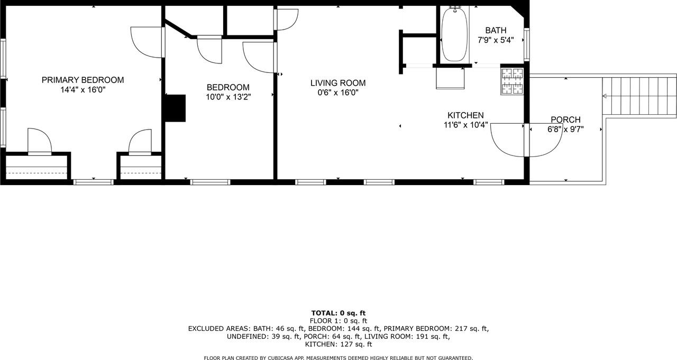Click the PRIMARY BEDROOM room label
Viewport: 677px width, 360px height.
(83, 80)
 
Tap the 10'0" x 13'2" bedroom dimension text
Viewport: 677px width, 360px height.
(227, 97)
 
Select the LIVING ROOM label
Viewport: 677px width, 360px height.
(337, 83)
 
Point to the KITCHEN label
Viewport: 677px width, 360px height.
(465, 115)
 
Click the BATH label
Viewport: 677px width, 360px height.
(496, 31)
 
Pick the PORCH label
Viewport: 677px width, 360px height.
(565, 119)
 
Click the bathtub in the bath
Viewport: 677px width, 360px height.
(454, 35)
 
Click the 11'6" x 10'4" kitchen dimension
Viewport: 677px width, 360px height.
(465, 125)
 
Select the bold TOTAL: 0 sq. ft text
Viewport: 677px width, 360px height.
(338, 313)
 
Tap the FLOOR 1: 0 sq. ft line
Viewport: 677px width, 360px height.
(338, 321)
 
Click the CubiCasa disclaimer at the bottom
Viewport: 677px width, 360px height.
(338, 358)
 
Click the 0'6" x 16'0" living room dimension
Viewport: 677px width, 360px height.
(337, 93)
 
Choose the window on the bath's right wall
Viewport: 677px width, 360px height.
(526, 44)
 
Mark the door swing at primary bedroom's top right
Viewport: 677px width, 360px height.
(146, 42)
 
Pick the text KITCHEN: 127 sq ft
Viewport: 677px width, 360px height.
(338, 344)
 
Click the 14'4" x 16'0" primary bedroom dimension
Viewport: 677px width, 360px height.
(83, 90)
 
